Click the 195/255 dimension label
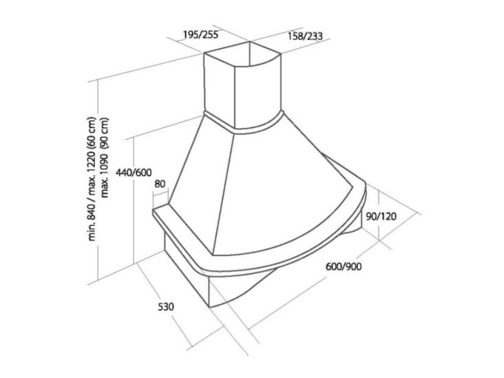pos(200,34)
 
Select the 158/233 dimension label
pos(305,36)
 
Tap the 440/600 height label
pos(134,173)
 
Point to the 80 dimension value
pos(160,184)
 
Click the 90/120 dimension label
pos(381,217)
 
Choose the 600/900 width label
pos(344,266)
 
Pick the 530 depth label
pos(166,306)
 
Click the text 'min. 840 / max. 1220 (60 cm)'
pos(92,179)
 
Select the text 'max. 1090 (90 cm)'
pos(105,158)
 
